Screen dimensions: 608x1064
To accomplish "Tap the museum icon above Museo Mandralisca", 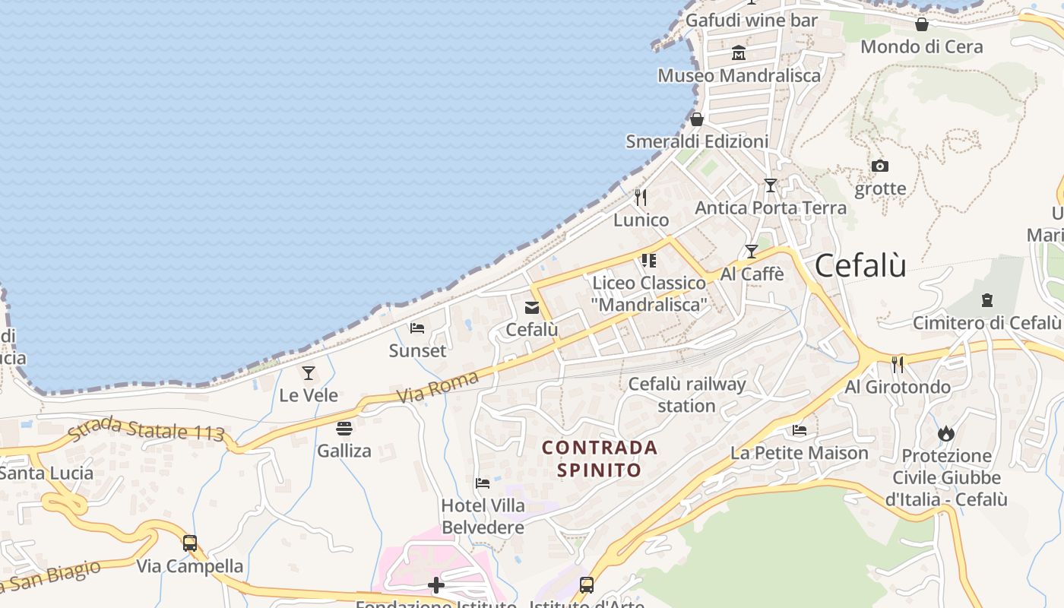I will coord(739,53).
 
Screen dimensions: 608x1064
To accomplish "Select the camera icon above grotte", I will coord(880,166).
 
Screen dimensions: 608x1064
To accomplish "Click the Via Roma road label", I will coord(438,387).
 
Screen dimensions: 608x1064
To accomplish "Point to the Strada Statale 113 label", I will coord(146,431).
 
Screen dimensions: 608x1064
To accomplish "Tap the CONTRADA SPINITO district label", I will coord(600,458).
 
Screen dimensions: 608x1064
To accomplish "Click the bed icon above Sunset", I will coord(417,328).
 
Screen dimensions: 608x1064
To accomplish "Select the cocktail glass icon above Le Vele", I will coord(309,373).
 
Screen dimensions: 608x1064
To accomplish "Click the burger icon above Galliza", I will coord(344,429).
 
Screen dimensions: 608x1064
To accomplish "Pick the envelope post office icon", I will coord(532,308).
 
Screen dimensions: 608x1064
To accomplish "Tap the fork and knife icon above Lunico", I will coord(641,198).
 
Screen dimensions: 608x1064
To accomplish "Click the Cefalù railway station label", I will coord(687,394).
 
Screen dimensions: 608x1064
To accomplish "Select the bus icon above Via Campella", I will coord(190,543).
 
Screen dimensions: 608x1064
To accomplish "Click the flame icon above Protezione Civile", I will coord(946,433).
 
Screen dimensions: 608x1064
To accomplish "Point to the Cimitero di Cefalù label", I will coord(986,322).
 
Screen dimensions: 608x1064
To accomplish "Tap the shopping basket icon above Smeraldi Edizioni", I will coord(697,119).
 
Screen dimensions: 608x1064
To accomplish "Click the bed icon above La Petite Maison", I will coord(800,430).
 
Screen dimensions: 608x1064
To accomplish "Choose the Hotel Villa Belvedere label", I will coord(483,516).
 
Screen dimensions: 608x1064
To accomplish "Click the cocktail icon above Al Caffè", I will coord(752,252).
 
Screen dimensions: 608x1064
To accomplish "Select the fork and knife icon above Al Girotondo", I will coord(898,365).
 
